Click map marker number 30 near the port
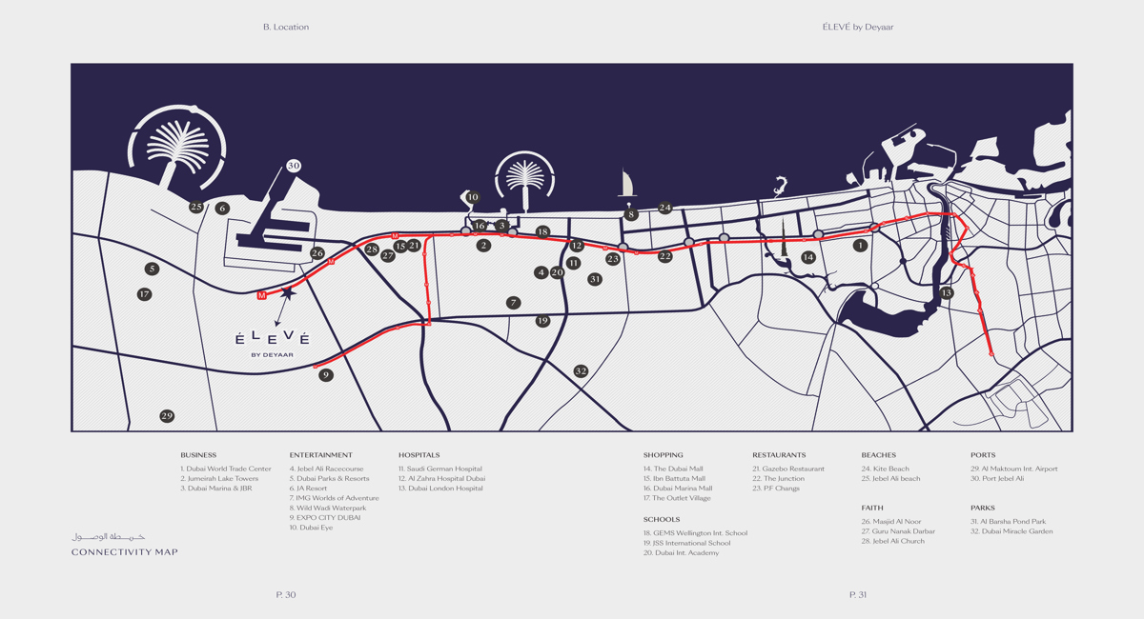pos(293,166)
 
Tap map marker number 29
pos(167,416)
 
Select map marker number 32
pos(581,370)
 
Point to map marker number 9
pos(326,375)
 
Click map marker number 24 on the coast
pos(664,208)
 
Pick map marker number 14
pos(808,257)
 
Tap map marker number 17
pos(144,294)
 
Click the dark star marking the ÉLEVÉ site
pos(288,294)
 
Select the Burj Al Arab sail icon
pos(627,183)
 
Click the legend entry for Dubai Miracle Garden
pos(1011,531)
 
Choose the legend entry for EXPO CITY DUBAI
pos(325,518)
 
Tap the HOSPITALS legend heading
pos(419,455)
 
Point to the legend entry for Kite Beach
pos(885,469)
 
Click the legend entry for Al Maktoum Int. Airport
pos(1013,469)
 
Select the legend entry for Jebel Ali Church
pos(892,541)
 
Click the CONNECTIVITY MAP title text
pos(124,552)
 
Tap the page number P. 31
pos(858,595)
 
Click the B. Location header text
pos(286,27)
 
